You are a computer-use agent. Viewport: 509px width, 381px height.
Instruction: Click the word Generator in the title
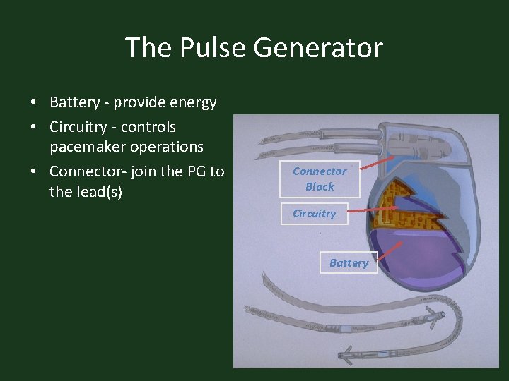pos(318,48)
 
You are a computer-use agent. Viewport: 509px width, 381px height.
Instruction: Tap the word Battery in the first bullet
pos(74,102)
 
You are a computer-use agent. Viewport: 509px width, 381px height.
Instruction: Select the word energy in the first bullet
pos(192,102)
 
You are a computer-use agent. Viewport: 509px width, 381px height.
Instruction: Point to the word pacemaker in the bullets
pos(87,147)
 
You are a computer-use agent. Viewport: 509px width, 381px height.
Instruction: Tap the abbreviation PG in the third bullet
pos(197,171)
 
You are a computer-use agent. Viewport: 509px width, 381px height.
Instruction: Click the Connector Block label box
pos(320,179)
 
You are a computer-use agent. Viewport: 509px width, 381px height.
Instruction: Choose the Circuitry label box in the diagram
pos(314,214)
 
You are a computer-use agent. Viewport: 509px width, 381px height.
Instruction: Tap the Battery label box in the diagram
pos(349,262)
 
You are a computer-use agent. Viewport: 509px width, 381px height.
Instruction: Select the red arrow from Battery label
pos(390,250)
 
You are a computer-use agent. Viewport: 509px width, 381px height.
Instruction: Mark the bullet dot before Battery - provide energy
pos(33,103)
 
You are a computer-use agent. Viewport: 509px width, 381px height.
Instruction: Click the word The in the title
pos(148,48)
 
